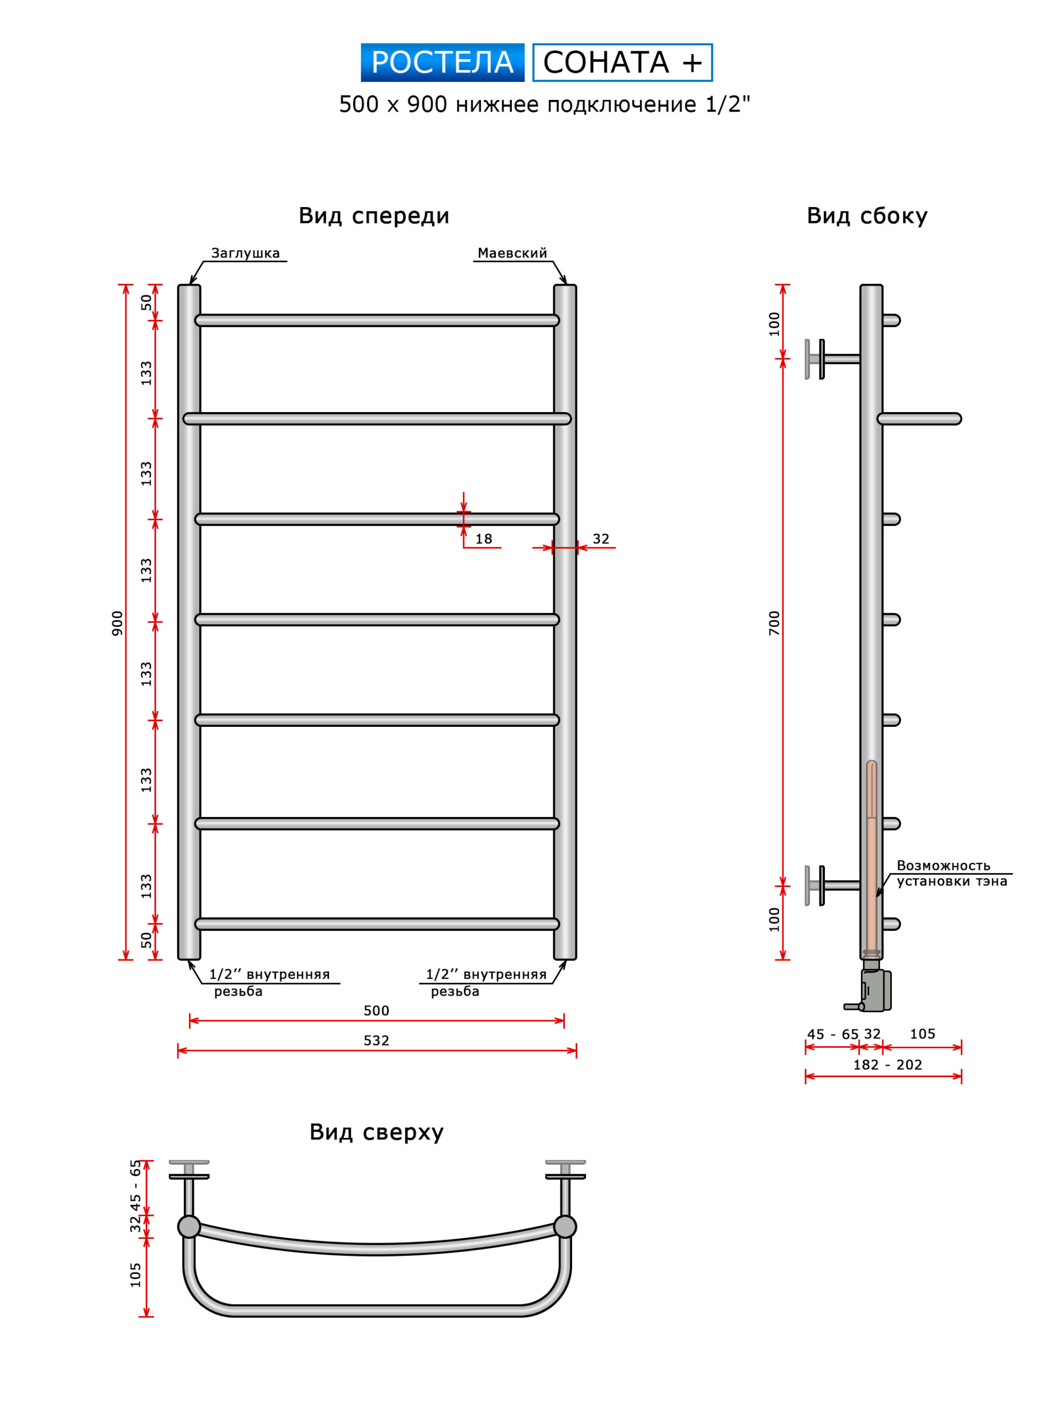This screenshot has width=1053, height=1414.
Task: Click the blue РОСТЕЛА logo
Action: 442,62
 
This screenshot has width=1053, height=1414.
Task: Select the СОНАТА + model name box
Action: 622,62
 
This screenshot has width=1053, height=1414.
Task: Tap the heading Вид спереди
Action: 374,216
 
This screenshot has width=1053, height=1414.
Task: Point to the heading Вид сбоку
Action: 867,216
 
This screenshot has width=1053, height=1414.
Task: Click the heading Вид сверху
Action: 376,1132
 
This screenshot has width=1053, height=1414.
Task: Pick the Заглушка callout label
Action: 245,253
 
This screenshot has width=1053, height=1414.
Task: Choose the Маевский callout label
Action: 512,253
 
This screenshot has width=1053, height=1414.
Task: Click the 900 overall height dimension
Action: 117,623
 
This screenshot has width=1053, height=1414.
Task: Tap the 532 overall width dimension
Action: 376,1041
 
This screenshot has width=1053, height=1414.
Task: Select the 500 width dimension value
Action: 376,1010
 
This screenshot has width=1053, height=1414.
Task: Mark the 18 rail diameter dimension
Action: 484,539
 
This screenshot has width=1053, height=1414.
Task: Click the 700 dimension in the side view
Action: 774,623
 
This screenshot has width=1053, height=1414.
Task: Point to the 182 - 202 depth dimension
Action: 887,1065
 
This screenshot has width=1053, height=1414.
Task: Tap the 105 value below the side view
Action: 922,1034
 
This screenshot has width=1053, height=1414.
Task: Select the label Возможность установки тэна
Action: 951,873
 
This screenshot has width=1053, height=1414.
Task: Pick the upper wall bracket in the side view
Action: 829,359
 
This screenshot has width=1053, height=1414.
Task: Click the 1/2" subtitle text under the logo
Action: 727,104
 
